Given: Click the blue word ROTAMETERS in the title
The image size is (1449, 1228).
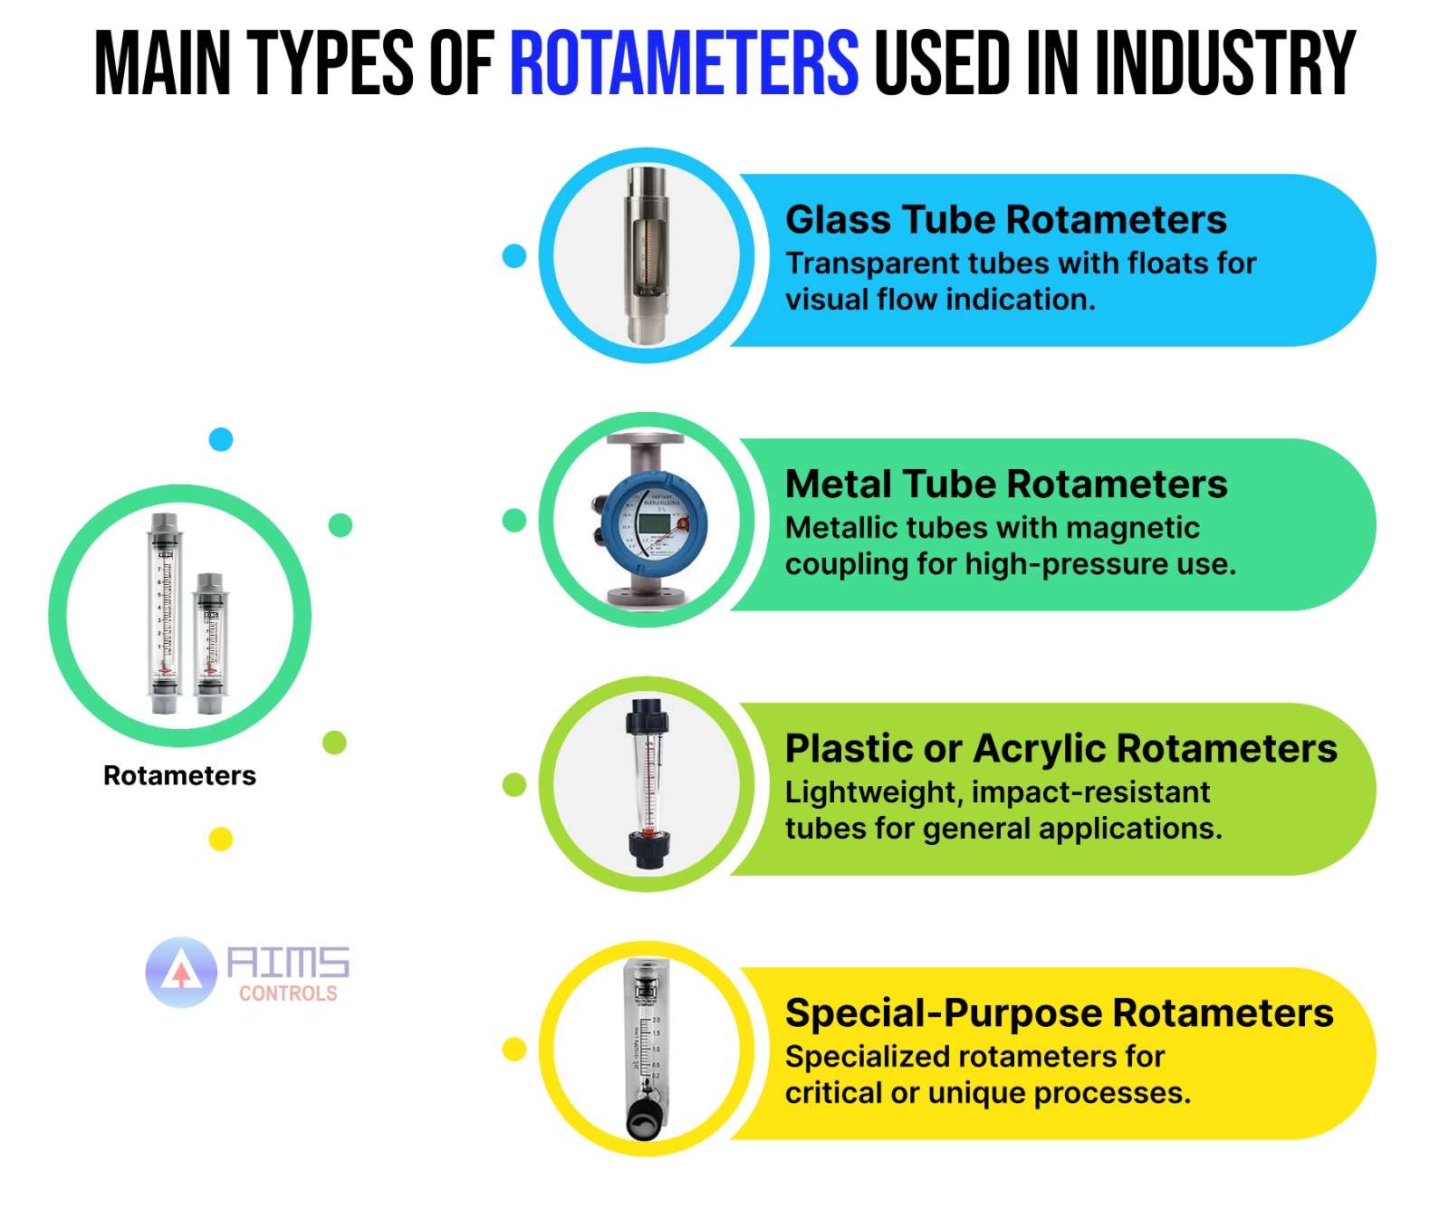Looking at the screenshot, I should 684,63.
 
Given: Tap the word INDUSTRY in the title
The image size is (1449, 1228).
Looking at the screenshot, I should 1224,63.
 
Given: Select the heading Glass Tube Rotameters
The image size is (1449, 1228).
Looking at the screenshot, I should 1005,220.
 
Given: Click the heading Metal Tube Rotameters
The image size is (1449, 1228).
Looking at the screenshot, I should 1006,484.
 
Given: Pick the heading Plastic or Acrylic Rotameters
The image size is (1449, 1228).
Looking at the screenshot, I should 1060,749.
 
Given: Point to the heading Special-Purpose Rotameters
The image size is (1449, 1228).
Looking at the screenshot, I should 1059,1013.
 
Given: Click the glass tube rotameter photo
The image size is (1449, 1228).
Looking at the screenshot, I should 646,255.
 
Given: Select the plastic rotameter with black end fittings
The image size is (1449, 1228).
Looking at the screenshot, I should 647,784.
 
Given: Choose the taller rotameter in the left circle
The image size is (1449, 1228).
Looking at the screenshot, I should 165,616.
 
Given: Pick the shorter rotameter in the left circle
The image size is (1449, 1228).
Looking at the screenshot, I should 210,641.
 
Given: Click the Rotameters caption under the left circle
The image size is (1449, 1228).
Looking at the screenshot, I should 179,776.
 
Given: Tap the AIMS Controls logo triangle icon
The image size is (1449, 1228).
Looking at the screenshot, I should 182,973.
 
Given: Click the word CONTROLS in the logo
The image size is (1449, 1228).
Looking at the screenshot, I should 288,993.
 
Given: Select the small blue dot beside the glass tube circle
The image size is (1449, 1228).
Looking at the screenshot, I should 514,256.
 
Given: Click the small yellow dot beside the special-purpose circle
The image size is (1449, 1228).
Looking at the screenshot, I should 514,1050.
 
